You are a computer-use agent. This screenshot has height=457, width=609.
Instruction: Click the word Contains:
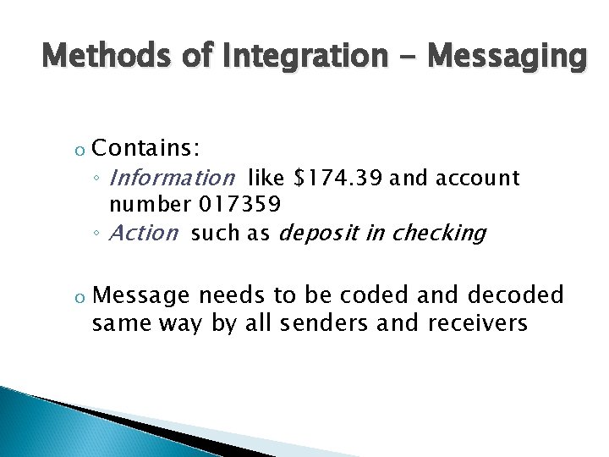145,149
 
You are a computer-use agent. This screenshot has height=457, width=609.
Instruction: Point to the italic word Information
173,178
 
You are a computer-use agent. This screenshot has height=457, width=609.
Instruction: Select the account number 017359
239,204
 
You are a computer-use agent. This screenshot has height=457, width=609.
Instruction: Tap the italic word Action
145,233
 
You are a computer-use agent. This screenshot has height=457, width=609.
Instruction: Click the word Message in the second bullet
140,295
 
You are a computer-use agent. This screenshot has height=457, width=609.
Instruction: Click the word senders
324,322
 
